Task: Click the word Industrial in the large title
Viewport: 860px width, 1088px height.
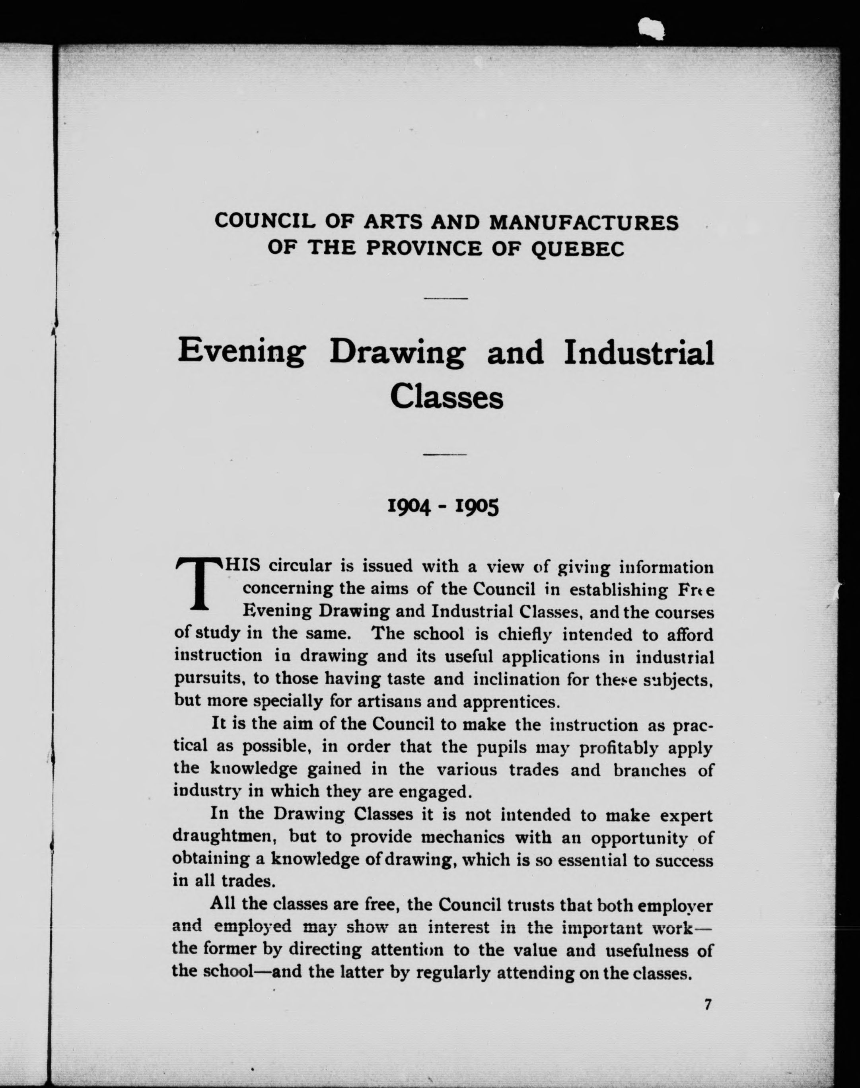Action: tap(638, 352)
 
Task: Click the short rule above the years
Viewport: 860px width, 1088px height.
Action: tap(446, 454)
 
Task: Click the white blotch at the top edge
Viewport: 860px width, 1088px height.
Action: tap(650, 29)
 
